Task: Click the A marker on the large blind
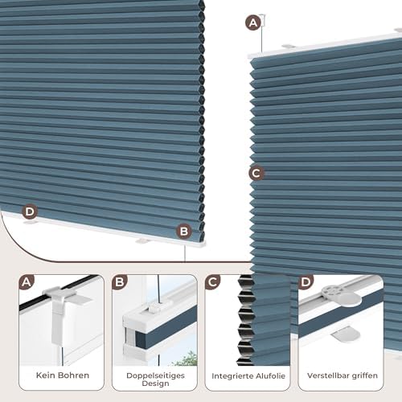pyautogui.click(x=253, y=23)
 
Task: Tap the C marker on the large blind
pyautogui.click(x=256, y=173)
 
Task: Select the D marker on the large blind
pyautogui.click(x=30, y=211)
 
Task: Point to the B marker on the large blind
pyautogui.click(x=184, y=232)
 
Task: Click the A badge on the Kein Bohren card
pyautogui.click(x=27, y=282)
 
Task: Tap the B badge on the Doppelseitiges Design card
pyautogui.click(x=120, y=282)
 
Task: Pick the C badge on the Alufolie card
pyautogui.click(x=212, y=282)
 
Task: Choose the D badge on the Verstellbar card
pyautogui.click(x=306, y=282)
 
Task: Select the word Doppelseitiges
pyautogui.click(x=155, y=375)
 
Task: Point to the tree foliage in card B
pyautogui.click(x=187, y=359)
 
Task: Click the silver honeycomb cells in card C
pyautogui.click(x=245, y=319)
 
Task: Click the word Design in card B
pyautogui.click(x=155, y=384)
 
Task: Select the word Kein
pyautogui.click(x=45, y=375)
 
